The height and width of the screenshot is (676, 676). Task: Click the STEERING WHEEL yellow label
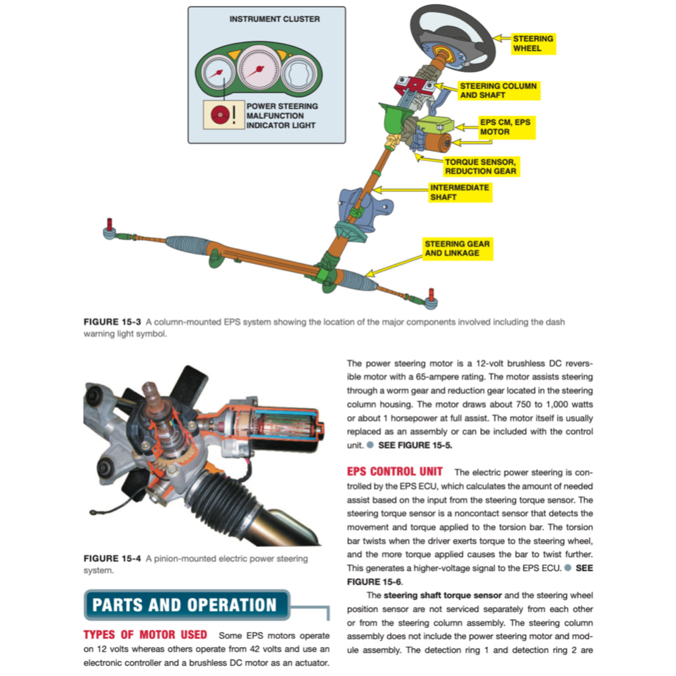click(x=533, y=44)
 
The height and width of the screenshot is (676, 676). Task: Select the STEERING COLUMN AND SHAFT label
click(x=498, y=90)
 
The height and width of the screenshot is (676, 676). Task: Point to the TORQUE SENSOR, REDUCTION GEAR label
click(x=480, y=166)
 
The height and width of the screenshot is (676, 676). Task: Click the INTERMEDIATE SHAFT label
click(x=459, y=192)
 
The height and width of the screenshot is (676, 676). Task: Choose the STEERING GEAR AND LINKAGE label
click(x=457, y=248)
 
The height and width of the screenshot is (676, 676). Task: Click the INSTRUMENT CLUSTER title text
click(x=275, y=19)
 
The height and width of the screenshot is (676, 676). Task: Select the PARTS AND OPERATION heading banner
click(x=186, y=605)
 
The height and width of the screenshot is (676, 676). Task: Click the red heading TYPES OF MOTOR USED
click(x=145, y=635)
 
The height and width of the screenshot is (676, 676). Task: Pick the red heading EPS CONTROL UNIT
click(x=395, y=472)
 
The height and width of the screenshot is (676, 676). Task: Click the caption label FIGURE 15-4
click(x=112, y=558)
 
